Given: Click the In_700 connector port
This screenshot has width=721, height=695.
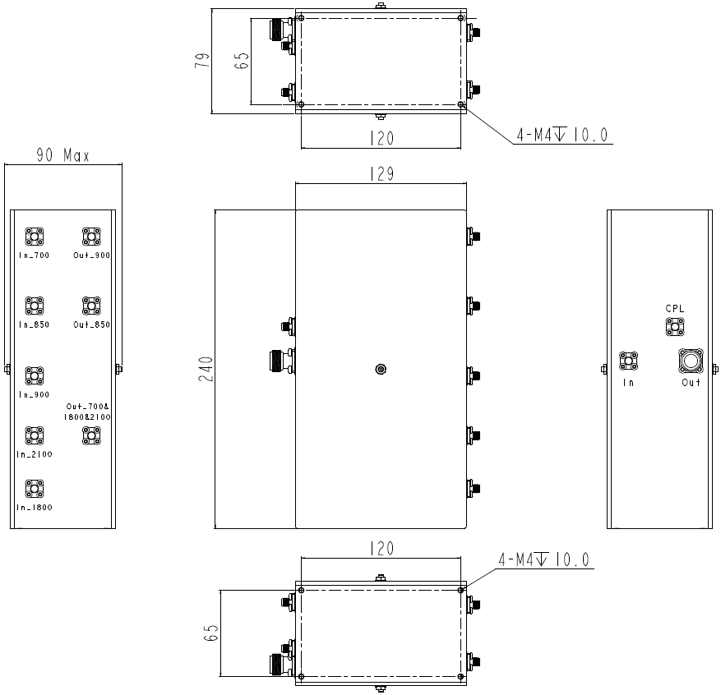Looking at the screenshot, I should (x=35, y=237).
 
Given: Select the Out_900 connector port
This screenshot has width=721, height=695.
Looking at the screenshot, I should (x=90, y=237).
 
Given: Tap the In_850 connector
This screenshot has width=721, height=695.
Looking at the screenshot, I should (x=35, y=306).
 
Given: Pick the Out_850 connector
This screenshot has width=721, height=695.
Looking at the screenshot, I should (x=90, y=306).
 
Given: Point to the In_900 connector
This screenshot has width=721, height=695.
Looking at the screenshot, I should (x=35, y=376).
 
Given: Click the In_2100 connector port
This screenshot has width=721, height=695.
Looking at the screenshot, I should (x=35, y=435).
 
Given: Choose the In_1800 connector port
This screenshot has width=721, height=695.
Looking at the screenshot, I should (x=35, y=490).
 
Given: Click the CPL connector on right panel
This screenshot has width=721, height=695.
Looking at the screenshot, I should (x=675, y=327).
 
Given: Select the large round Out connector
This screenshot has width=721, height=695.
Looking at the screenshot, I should (x=690, y=361).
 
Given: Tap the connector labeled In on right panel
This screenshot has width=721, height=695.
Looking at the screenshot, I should (x=629, y=361).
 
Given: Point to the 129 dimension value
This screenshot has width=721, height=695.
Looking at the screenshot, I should (x=381, y=174).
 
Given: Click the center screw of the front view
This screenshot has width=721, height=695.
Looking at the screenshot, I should (x=380, y=369).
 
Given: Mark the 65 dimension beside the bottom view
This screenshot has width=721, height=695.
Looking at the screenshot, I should (x=211, y=633).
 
